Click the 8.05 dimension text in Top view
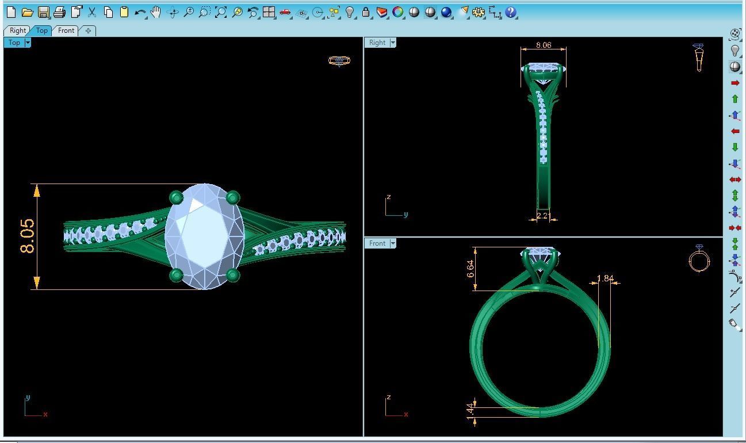click(x=27, y=236)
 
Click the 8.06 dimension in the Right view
click(x=543, y=45)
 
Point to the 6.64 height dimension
click(x=470, y=269)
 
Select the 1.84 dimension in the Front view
click(x=605, y=278)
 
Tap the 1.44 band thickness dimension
click(x=470, y=410)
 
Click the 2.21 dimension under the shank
click(x=543, y=216)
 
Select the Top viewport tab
click(x=41, y=30)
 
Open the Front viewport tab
click(x=66, y=30)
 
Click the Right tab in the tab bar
click(x=17, y=30)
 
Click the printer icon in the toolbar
click(x=59, y=12)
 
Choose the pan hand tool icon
click(x=156, y=12)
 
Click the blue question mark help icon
click(x=511, y=12)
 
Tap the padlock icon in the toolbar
click(x=366, y=12)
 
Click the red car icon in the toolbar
click(x=285, y=12)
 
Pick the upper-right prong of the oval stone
click(x=232, y=198)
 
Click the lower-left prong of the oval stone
click(x=177, y=275)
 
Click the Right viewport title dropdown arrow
click(x=393, y=43)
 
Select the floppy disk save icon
click(x=43, y=12)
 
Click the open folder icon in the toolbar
click(x=27, y=12)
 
